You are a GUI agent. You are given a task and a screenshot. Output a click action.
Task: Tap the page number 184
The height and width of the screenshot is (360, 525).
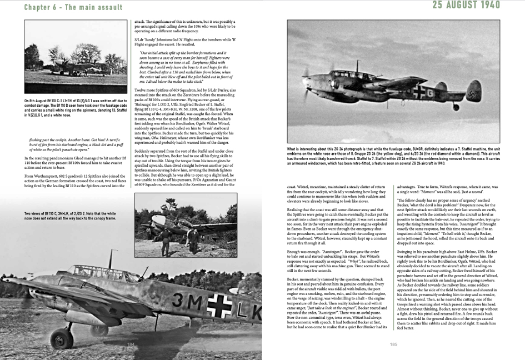click(131, 344)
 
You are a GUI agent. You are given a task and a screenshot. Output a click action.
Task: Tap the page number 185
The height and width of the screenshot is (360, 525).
click(393, 344)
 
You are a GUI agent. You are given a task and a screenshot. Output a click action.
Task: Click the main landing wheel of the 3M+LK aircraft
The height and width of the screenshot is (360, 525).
click(62, 337)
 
